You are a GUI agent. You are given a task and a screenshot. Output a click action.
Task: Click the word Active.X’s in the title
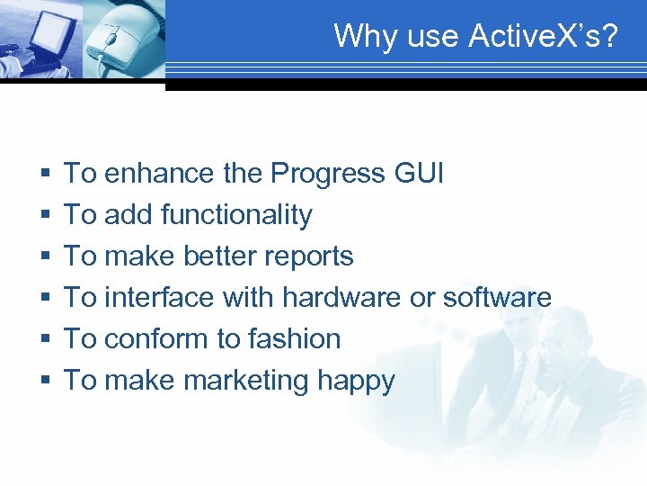pyautogui.click(x=544, y=36)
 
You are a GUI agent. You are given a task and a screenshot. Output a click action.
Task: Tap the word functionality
pyautogui.click(x=236, y=214)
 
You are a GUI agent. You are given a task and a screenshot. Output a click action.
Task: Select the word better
pyautogui.click(x=216, y=256)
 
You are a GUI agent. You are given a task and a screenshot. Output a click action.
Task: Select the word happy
pyautogui.click(x=356, y=381)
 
